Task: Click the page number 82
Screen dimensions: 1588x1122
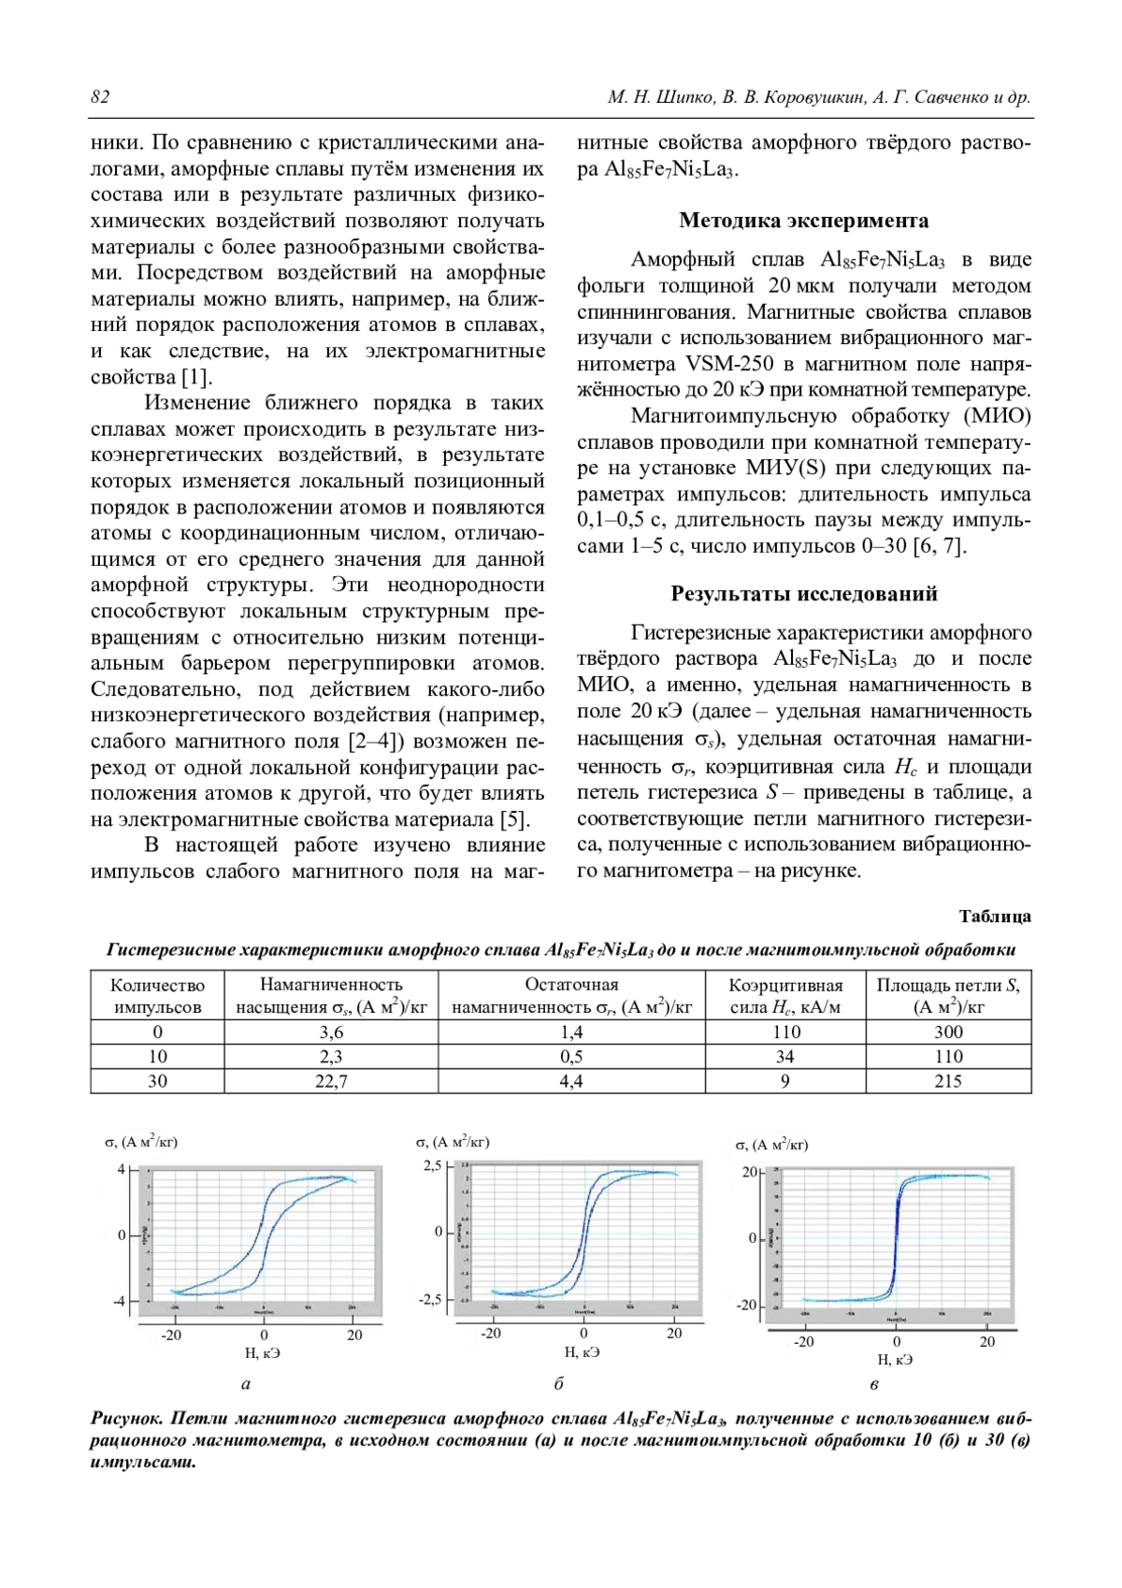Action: point(100,98)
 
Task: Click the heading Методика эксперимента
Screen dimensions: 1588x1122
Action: point(803,221)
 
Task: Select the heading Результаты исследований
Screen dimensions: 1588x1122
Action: point(803,594)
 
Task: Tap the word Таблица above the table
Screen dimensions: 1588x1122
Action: point(995,917)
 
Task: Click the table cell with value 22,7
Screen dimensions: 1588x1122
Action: point(331,1081)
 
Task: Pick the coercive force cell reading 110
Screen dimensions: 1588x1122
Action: point(785,1032)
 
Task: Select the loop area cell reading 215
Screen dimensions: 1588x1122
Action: point(948,1081)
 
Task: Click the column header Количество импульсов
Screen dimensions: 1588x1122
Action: point(157,996)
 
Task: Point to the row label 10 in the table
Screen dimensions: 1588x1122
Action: point(157,1057)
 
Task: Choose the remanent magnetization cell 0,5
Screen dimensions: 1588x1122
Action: point(571,1057)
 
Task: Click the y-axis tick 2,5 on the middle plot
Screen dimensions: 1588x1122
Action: point(433,1166)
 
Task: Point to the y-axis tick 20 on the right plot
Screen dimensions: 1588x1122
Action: point(750,1173)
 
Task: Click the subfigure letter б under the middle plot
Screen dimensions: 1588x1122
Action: point(558,1384)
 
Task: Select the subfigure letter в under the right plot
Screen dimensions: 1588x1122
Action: point(874,1385)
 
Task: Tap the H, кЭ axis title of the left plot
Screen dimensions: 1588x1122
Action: point(263,1353)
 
